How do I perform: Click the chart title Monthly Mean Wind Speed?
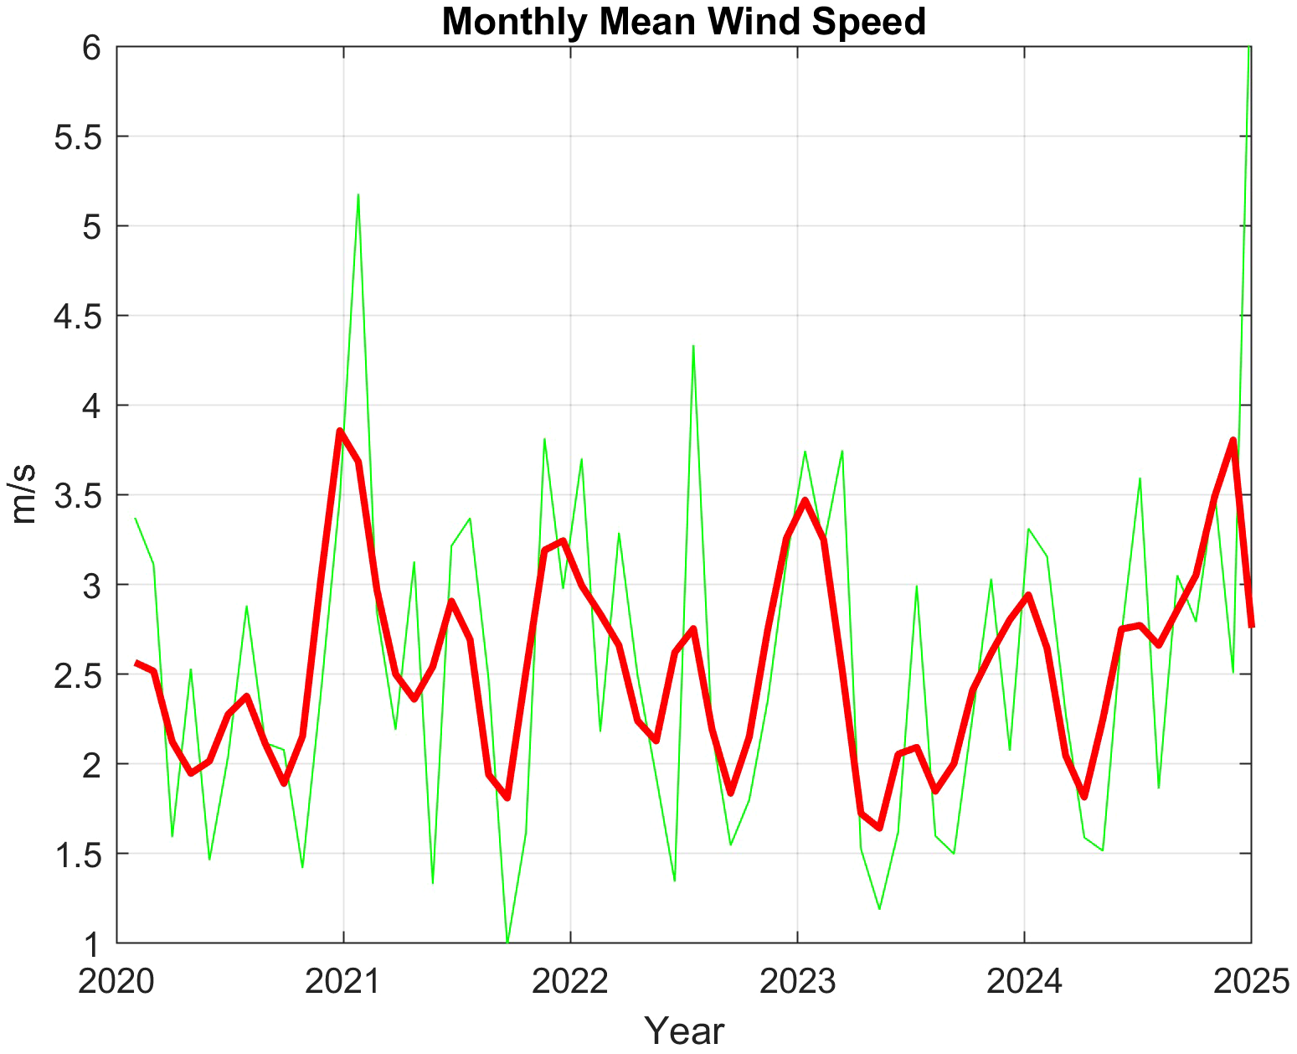pos(683,22)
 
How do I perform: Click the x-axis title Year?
pos(683,1031)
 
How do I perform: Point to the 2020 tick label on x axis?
pos(116,981)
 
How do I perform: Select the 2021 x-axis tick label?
pos(343,981)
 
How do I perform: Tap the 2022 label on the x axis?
pos(570,981)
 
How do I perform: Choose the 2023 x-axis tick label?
pos(797,981)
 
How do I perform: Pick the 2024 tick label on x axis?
pos(1024,981)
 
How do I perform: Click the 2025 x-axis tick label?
pos(1251,981)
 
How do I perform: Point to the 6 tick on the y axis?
pos(91,48)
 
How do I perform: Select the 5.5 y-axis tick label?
pos(77,137)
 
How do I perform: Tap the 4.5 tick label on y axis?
pos(77,317)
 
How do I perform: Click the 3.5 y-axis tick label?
pos(77,496)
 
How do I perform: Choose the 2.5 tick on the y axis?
pos(77,675)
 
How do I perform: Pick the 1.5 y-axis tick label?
pos(77,855)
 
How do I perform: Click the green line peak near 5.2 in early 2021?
pos(358,195)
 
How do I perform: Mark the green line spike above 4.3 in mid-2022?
pos(693,346)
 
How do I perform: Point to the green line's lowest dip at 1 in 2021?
pos(507,942)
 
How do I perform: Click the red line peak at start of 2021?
pos(340,431)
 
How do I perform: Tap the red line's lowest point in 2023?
pos(879,828)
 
